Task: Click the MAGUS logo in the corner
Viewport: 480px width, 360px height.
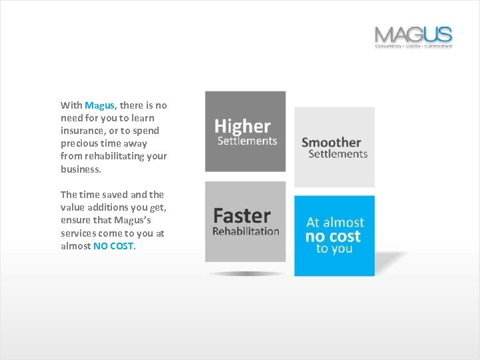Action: coord(413,34)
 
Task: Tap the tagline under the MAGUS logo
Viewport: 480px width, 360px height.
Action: coord(413,46)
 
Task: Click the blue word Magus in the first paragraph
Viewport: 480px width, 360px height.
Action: coord(100,105)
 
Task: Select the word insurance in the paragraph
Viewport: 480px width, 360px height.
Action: coord(80,131)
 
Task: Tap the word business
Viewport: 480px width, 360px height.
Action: coord(80,169)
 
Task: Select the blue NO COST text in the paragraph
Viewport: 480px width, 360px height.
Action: coord(113,246)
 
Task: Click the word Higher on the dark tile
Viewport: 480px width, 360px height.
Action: coord(243,126)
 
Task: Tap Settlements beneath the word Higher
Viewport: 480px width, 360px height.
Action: coord(247,141)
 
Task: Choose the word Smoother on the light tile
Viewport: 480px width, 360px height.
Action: coord(331,142)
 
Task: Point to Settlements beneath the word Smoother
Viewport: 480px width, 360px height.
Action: coord(338,154)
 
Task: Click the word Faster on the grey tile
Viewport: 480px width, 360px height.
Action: coord(241,216)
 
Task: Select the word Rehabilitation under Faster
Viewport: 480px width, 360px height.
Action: coord(245,231)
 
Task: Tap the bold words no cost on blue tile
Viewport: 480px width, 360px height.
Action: coord(333,237)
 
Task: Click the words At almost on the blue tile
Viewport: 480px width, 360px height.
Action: coord(335,223)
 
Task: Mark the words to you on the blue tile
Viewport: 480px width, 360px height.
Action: coord(334,249)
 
